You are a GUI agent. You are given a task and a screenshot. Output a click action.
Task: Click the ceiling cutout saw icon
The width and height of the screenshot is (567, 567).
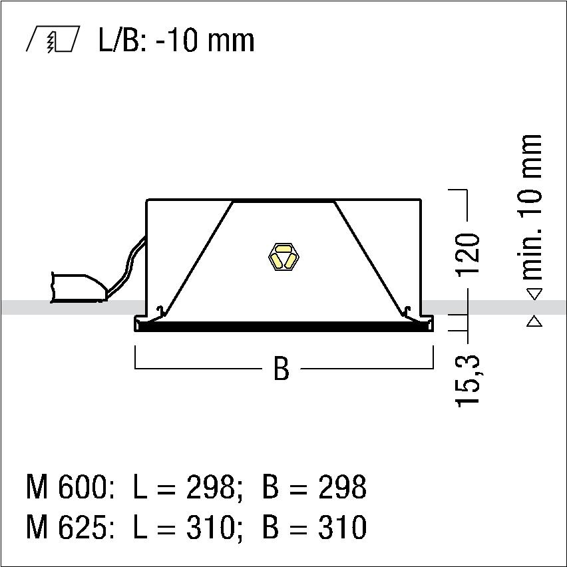(53, 39)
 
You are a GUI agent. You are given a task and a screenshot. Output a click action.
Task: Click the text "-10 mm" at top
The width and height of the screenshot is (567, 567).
(206, 40)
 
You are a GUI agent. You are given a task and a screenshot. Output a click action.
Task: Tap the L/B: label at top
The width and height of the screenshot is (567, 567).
(122, 40)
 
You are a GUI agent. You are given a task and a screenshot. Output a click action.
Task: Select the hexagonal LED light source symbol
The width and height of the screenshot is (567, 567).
(283, 257)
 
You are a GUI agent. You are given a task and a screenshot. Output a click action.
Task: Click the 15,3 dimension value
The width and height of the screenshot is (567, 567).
(469, 381)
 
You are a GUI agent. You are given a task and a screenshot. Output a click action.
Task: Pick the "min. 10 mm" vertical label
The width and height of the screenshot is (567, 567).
(531, 207)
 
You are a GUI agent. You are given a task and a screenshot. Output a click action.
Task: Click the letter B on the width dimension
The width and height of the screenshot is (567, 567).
(282, 369)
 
